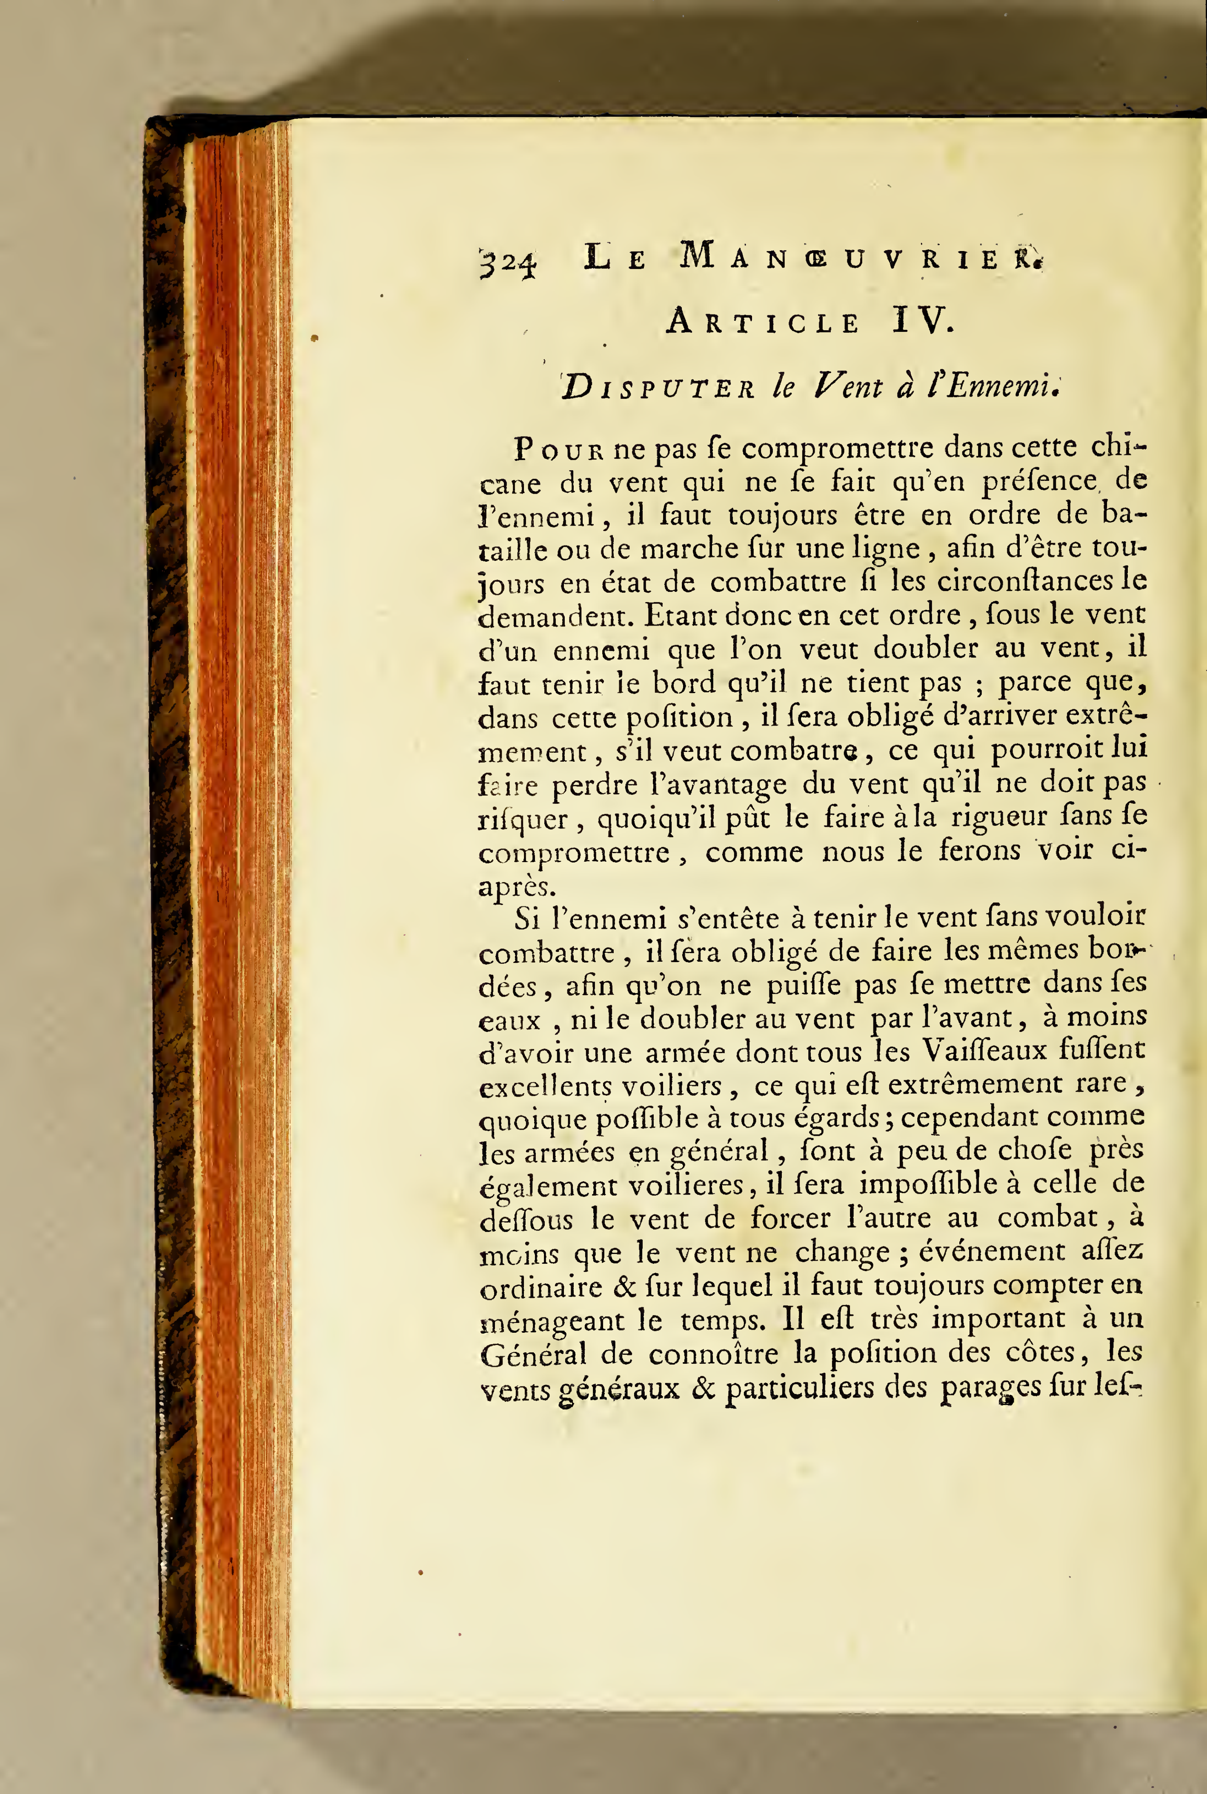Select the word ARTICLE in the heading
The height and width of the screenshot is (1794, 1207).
[x=763, y=323]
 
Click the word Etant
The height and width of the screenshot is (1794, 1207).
[x=680, y=616]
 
